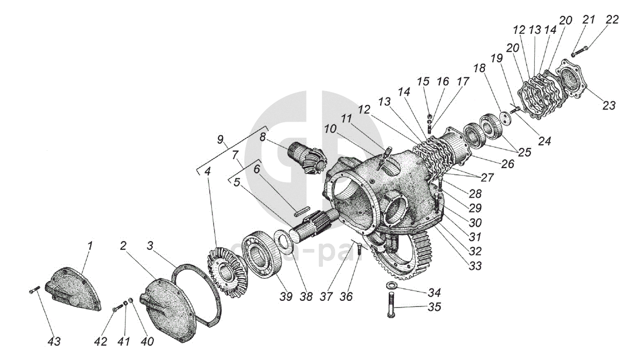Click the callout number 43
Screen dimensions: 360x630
(x=54, y=341)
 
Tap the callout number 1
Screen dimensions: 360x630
(x=90, y=246)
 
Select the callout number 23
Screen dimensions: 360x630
(x=609, y=105)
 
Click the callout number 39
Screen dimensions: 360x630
(x=286, y=297)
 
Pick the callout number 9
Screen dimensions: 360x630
(x=221, y=139)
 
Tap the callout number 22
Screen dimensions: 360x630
(x=612, y=20)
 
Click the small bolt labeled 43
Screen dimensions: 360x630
(x=34, y=292)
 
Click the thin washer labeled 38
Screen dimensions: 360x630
(x=282, y=240)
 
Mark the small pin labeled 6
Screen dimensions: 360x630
(x=301, y=209)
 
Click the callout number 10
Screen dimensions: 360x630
(x=330, y=128)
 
